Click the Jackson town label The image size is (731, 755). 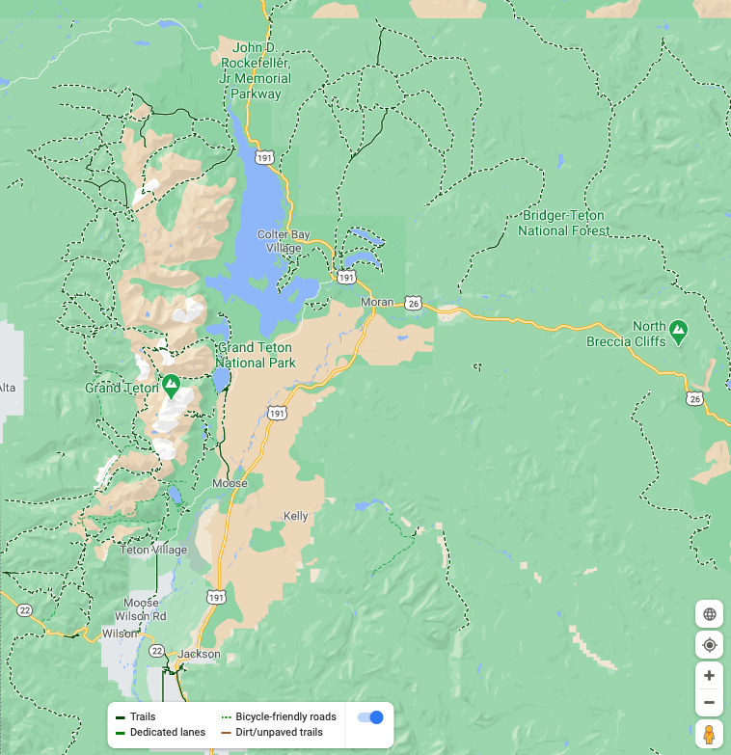click(199, 654)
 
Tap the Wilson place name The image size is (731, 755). click(121, 634)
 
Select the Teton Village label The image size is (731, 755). click(153, 550)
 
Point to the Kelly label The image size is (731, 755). click(296, 517)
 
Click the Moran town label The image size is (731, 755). click(377, 302)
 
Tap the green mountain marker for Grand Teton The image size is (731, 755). click(171, 386)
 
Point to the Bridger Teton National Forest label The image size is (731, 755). click(564, 223)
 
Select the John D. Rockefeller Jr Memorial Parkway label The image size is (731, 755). click(256, 70)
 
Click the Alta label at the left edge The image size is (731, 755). click(7, 388)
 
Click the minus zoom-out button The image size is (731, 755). click(709, 702)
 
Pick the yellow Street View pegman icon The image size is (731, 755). click(709, 735)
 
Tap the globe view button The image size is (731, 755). click(709, 613)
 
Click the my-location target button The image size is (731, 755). click(709, 644)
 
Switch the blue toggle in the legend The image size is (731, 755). click(370, 716)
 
